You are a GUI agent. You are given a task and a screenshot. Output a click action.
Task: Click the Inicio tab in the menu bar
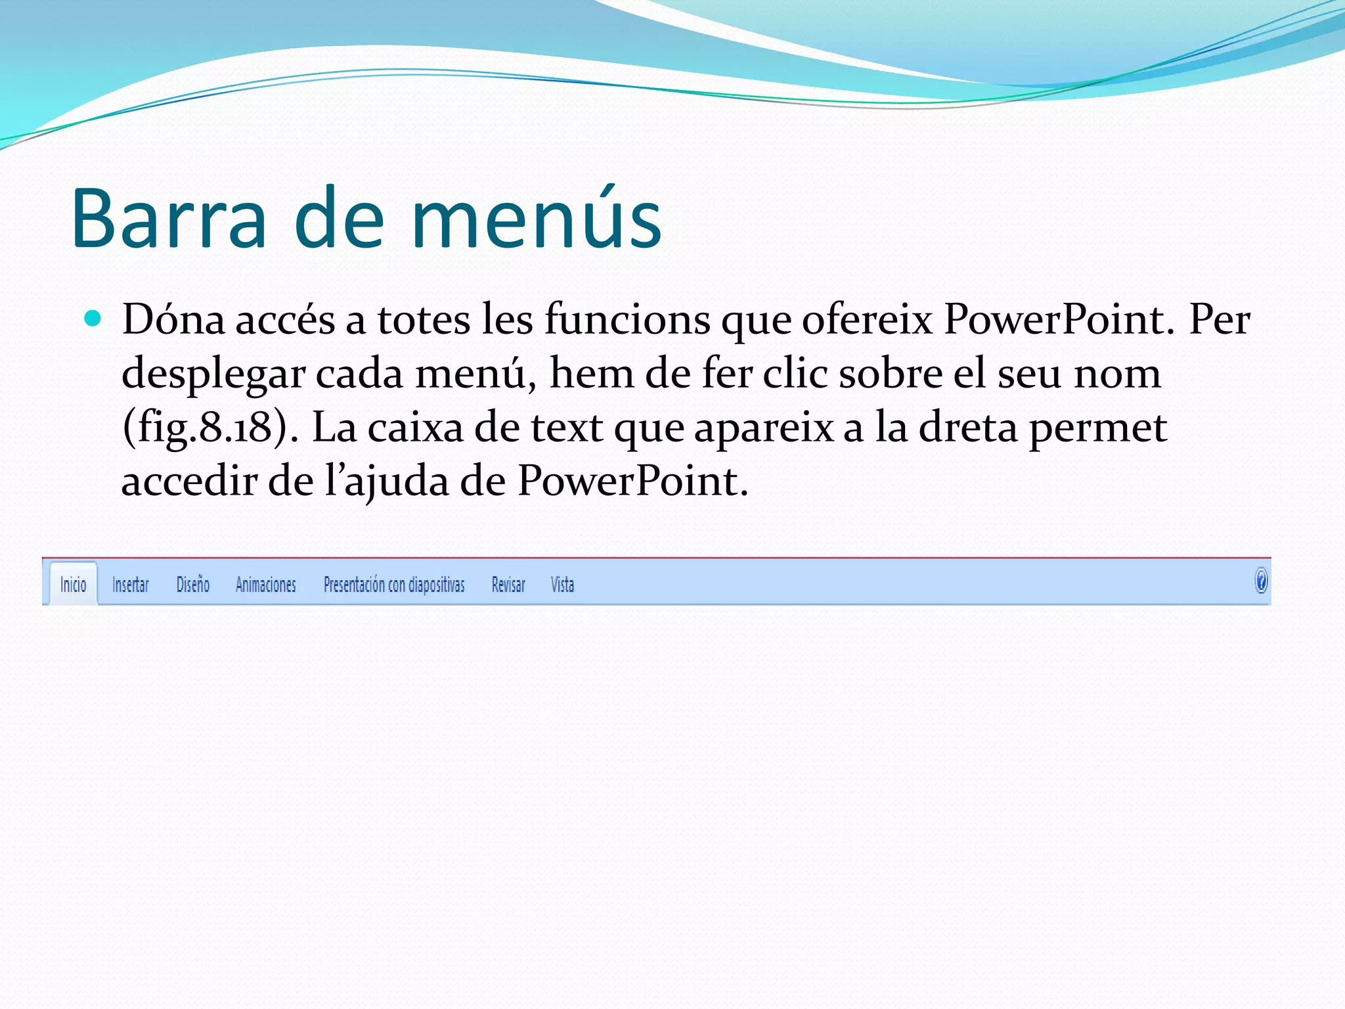(x=73, y=584)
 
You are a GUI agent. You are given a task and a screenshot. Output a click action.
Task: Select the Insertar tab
(x=130, y=584)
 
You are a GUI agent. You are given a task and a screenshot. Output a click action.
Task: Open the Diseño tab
(x=192, y=584)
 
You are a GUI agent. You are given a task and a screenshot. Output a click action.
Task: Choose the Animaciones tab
(x=265, y=584)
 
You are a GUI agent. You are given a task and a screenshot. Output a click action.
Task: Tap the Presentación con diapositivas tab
(x=393, y=584)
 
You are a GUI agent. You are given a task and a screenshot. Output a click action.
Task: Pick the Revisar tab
(x=508, y=584)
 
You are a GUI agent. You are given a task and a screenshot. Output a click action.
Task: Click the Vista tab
(x=562, y=584)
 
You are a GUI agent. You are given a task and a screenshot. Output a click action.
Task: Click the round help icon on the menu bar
(x=1261, y=581)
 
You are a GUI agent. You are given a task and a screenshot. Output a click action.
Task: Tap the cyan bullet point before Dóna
(x=93, y=319)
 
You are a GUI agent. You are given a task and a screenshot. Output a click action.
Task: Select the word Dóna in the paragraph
(x=173, y=321)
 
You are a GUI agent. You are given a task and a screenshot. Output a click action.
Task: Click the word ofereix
(x=867, y=321)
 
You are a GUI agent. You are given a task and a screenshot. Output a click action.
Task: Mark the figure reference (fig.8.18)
(x=205, y=428)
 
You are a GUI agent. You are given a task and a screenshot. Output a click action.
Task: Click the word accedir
(x=188, y=482)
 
